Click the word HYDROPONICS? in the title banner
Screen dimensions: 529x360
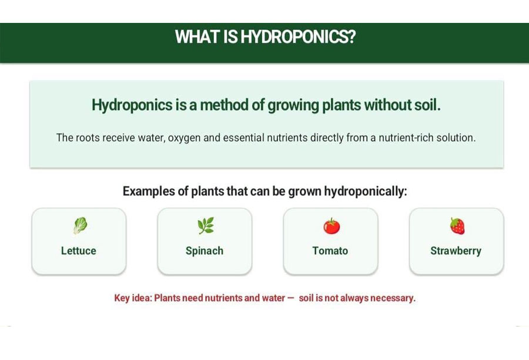(x=298, y=37)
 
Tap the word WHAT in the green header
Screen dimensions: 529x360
(x=197, y=37)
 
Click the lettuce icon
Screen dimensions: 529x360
(x=81, y=226)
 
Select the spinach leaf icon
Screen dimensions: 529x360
(x=206, y=226)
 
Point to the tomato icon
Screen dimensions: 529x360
(x=332, y=226)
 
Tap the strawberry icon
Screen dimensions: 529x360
(x=457, y=226)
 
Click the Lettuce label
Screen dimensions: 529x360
(x=79, y=251)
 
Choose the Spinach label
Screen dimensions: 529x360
(x=205, y=251)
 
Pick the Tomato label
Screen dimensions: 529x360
(x=330, y=251)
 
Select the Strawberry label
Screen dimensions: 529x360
(x=456, y=251)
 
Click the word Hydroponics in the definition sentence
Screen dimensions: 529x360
(x=132, y=105)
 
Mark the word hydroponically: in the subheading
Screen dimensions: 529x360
(x=366, y=191)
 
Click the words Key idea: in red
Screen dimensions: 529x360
(x=133, y=298)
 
